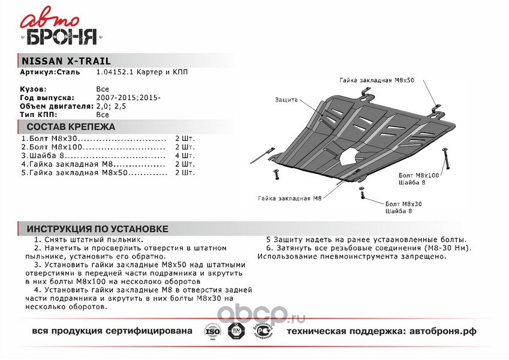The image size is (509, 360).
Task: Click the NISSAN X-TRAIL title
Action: tap(66, 61)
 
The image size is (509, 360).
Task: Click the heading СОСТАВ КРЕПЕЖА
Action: tap(71, 127)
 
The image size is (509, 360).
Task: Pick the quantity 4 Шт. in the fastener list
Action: tap(185, 155)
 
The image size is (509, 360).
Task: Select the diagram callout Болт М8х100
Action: tap(418, 175)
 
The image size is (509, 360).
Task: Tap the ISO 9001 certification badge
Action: tap(213, 332)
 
